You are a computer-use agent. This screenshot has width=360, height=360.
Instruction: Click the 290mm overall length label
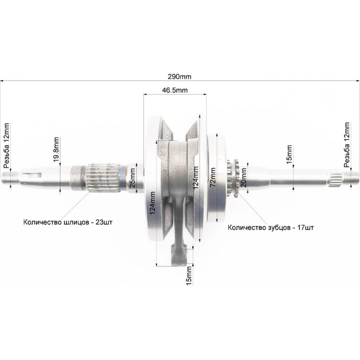point(179,76)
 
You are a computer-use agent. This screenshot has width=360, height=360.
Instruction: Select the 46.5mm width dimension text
point(175,90)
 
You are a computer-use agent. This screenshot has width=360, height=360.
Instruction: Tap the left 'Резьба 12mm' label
point(7,146)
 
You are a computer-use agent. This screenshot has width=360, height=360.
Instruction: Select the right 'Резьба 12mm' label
point(346,145)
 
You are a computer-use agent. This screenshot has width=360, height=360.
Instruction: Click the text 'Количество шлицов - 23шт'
point(68,222)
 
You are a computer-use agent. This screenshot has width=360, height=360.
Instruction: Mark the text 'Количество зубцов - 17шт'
point(271,227)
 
